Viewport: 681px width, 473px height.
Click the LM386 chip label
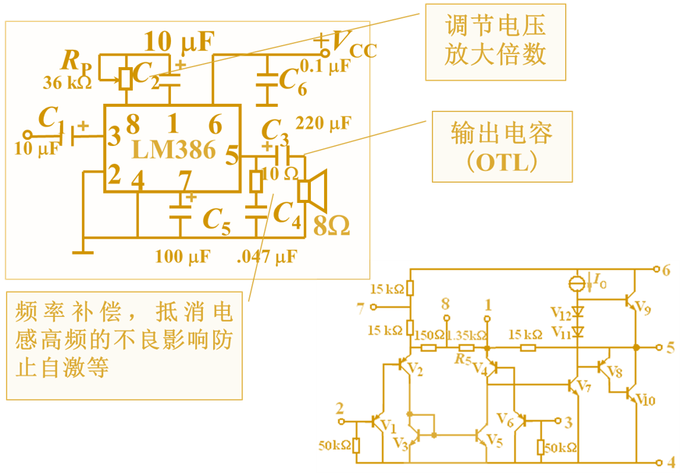tap(173, 150)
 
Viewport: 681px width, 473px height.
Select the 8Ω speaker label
tap(331, 226)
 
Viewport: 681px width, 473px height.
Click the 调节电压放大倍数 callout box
tap(495, 41)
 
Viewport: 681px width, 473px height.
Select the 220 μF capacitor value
tap(323, 123)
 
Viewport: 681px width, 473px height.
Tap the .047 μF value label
tap(266, 256)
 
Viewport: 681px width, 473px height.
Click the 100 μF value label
tap(182, 256)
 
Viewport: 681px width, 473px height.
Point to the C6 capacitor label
tap(292, 79)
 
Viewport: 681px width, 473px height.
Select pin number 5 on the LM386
tap(231, 155)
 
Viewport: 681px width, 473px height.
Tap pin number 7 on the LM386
tap(184, 180)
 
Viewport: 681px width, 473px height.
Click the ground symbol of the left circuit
tap(82, 251)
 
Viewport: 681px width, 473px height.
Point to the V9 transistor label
tap(643, 308)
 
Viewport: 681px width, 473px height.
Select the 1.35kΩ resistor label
tap(467, 335)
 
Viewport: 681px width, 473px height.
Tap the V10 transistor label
tap(645, 400)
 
